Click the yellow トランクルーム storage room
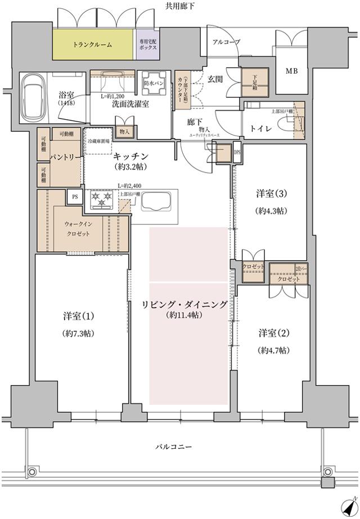(93, 44)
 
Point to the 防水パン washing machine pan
(153, 84)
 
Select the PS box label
(75, 196)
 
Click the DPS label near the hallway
(237, 152)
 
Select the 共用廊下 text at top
(179, 6)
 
